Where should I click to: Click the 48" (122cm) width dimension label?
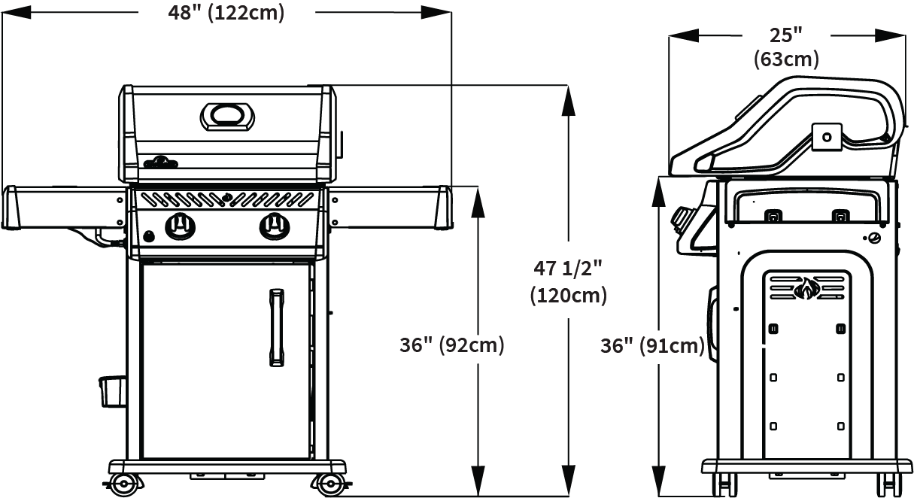226,13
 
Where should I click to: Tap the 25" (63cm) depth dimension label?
786,47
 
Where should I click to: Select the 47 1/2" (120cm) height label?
569,282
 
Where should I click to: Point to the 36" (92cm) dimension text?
451,345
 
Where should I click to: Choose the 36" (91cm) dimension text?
652,346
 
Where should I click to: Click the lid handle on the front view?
227,117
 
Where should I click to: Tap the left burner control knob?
180,226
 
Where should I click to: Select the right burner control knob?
275,226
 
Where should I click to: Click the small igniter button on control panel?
150,236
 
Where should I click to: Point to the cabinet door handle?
277,328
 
